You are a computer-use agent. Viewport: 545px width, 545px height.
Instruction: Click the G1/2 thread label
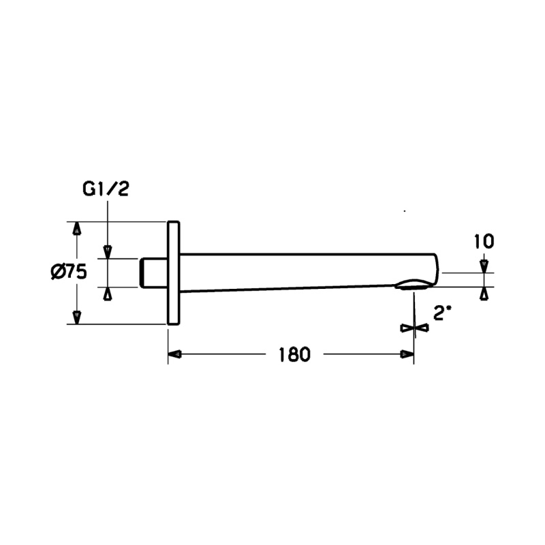pyautogui.click(x=106, y=189)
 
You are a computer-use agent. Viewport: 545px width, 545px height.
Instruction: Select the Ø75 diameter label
pyautogui.click(x=69, y=272)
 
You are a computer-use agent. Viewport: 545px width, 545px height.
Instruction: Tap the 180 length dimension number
pyautogui.click(x=294, y=355)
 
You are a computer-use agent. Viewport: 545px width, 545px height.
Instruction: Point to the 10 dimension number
pyautogui.click(x=484, y=242)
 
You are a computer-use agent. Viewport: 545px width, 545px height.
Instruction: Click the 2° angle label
pyautogui.click(x=442, y=314)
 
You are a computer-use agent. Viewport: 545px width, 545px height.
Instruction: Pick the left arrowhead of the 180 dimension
pyautogui.click(x=174, y=354)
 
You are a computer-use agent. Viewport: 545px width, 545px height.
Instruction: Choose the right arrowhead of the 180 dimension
pyautogui.click(x=407, y=354)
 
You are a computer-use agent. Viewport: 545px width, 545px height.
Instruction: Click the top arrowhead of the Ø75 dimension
pyautogui.click(x=77, y=228)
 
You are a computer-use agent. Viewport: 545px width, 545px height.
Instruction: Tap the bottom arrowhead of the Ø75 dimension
pyautogui.click(x=77, y=317)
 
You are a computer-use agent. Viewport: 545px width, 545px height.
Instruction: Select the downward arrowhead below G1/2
pyautogui.click(x=108, y=252)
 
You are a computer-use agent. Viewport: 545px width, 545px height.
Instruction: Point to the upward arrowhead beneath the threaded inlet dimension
pyautogui.click(x=108, y=294)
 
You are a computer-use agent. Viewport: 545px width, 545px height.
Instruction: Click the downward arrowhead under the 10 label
pyautogui.click(x=484, y=266)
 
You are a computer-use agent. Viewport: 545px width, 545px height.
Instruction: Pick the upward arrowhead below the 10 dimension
pyautogui.click(x=484, y=294)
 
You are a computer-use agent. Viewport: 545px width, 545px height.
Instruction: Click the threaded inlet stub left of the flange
pyautogui.click(x=153, y=273)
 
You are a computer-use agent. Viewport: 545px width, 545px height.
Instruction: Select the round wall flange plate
pyautogui.click(x=174, y=273)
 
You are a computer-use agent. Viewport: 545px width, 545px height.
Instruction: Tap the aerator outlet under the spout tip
pyautogui.click(x=414, y=284)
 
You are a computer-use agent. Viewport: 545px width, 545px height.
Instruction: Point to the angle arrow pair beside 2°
pyautogui.click(x=415, y=328)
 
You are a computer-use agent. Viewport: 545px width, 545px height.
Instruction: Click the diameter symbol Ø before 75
pyautogui.click(x=57, y=272)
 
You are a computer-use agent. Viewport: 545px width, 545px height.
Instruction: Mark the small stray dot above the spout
pyautogui.click(x=405, y=211)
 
